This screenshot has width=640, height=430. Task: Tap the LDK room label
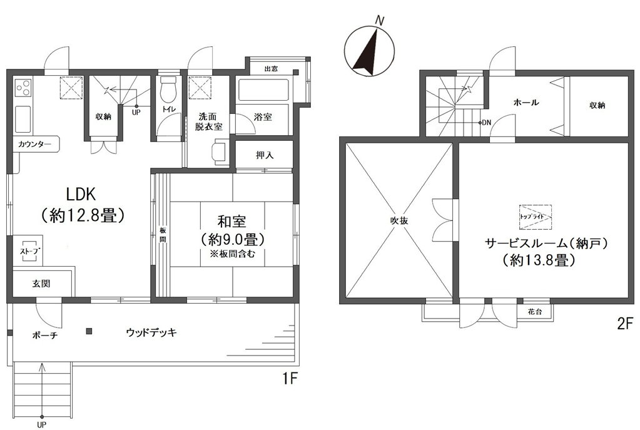point(81,195)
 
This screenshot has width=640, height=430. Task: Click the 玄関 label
point(41,283)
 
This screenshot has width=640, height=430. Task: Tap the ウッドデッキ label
point(151,333)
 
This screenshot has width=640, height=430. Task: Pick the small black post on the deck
point(89,331)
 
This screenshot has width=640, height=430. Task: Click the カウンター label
point(34,144)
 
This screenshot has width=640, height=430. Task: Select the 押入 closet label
point(264,155)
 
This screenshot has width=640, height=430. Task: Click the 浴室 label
point(263,117)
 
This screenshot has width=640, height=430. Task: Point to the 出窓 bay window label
point(271,69)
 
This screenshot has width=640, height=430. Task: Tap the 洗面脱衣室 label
point(208,121)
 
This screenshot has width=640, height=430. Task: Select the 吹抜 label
point(399,221)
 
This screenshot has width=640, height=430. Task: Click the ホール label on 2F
point(526,102)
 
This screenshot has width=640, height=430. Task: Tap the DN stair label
point(486,122)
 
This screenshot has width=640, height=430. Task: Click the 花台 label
point(535,312)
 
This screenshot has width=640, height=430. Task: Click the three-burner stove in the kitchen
point(23,88)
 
